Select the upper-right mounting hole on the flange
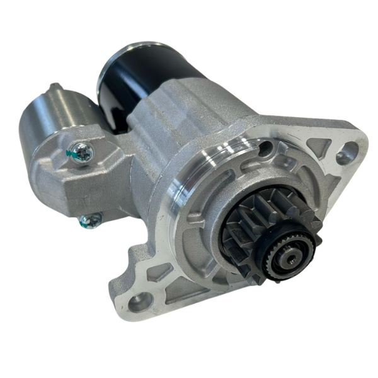tap(345, 153)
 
